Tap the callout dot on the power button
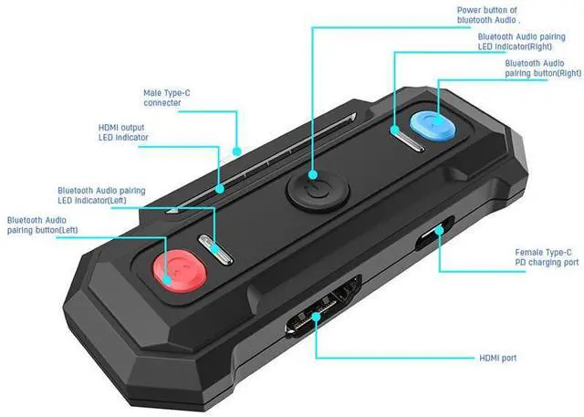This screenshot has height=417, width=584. (x=313, y=174)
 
